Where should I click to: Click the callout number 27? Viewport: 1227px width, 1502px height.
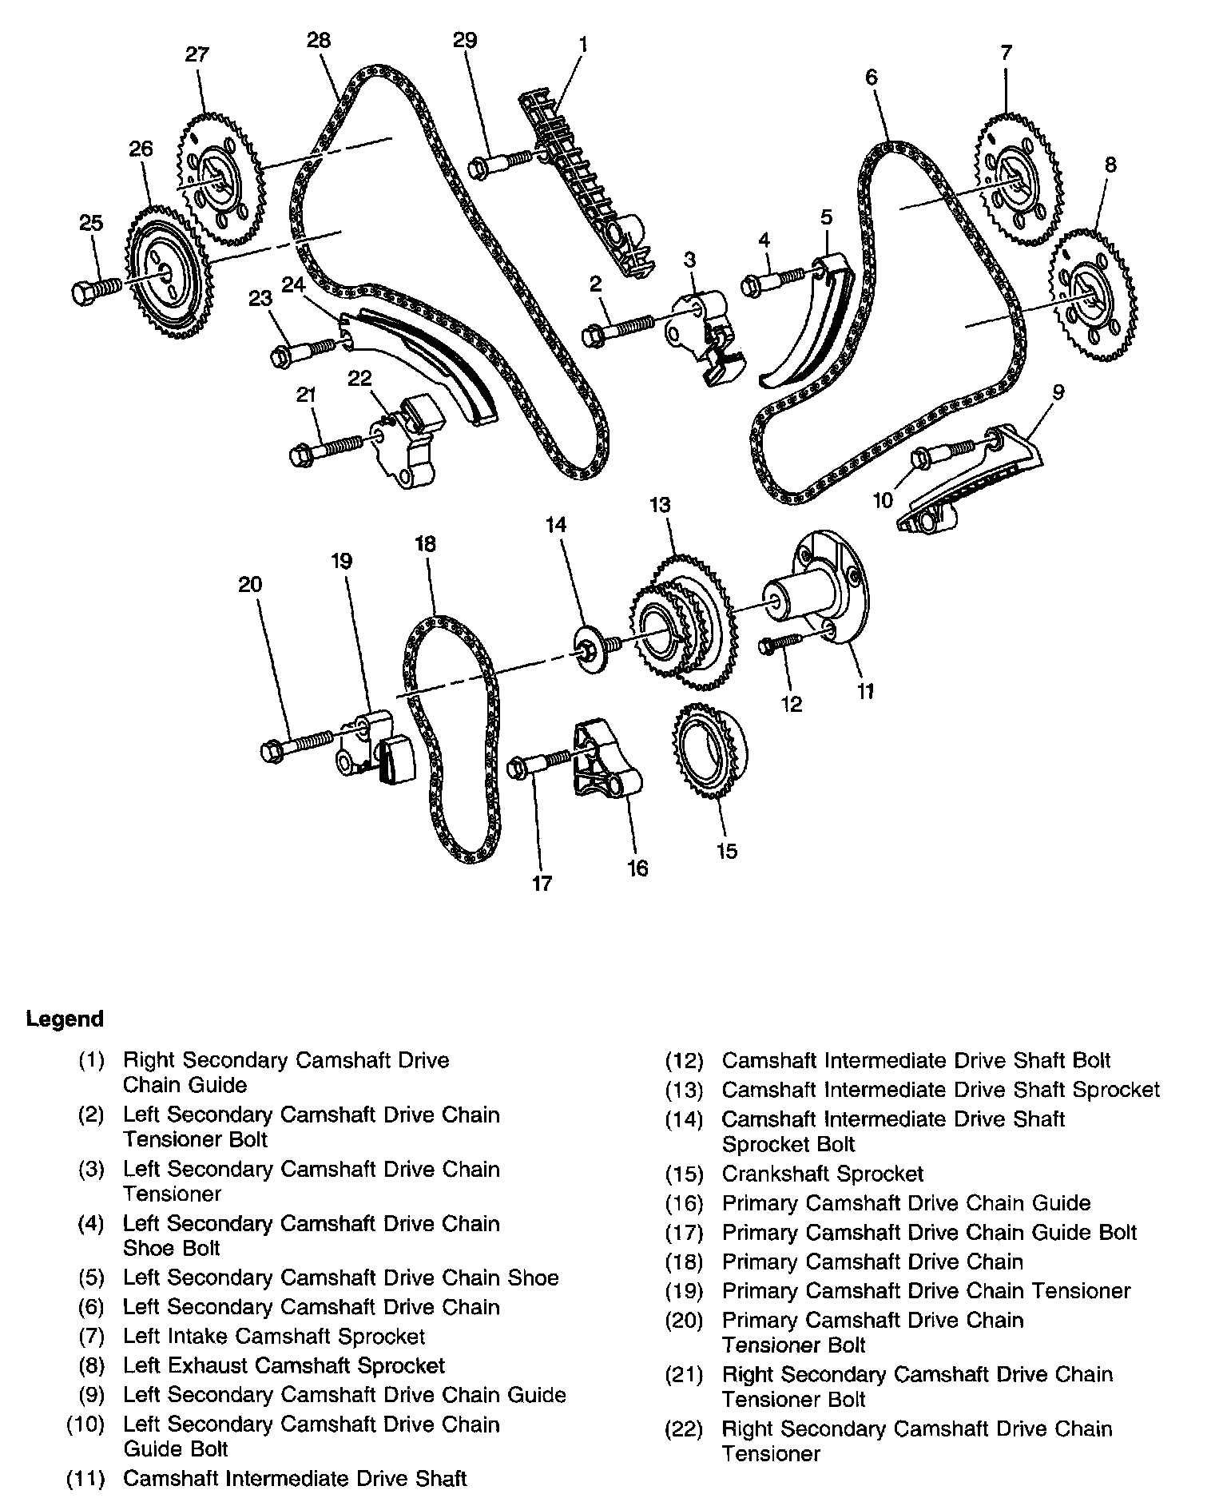[x=197, y=54]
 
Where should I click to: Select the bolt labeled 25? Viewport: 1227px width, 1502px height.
[x=93, y=289]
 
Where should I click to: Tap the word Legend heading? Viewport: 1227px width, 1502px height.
[x=65, y=1019]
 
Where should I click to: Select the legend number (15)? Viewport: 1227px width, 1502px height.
[x=684, y=1174]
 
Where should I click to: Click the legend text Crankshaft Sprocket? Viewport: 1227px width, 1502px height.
[x=822, y=1174]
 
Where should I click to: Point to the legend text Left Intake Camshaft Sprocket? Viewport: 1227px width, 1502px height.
[x=273, y=1336]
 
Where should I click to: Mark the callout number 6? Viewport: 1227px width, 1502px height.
[x=871, y=77]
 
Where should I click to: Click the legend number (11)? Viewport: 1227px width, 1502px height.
[x=85, y=1478]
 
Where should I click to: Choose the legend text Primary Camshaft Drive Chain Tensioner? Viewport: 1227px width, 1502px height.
[x=926, y=1290]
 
